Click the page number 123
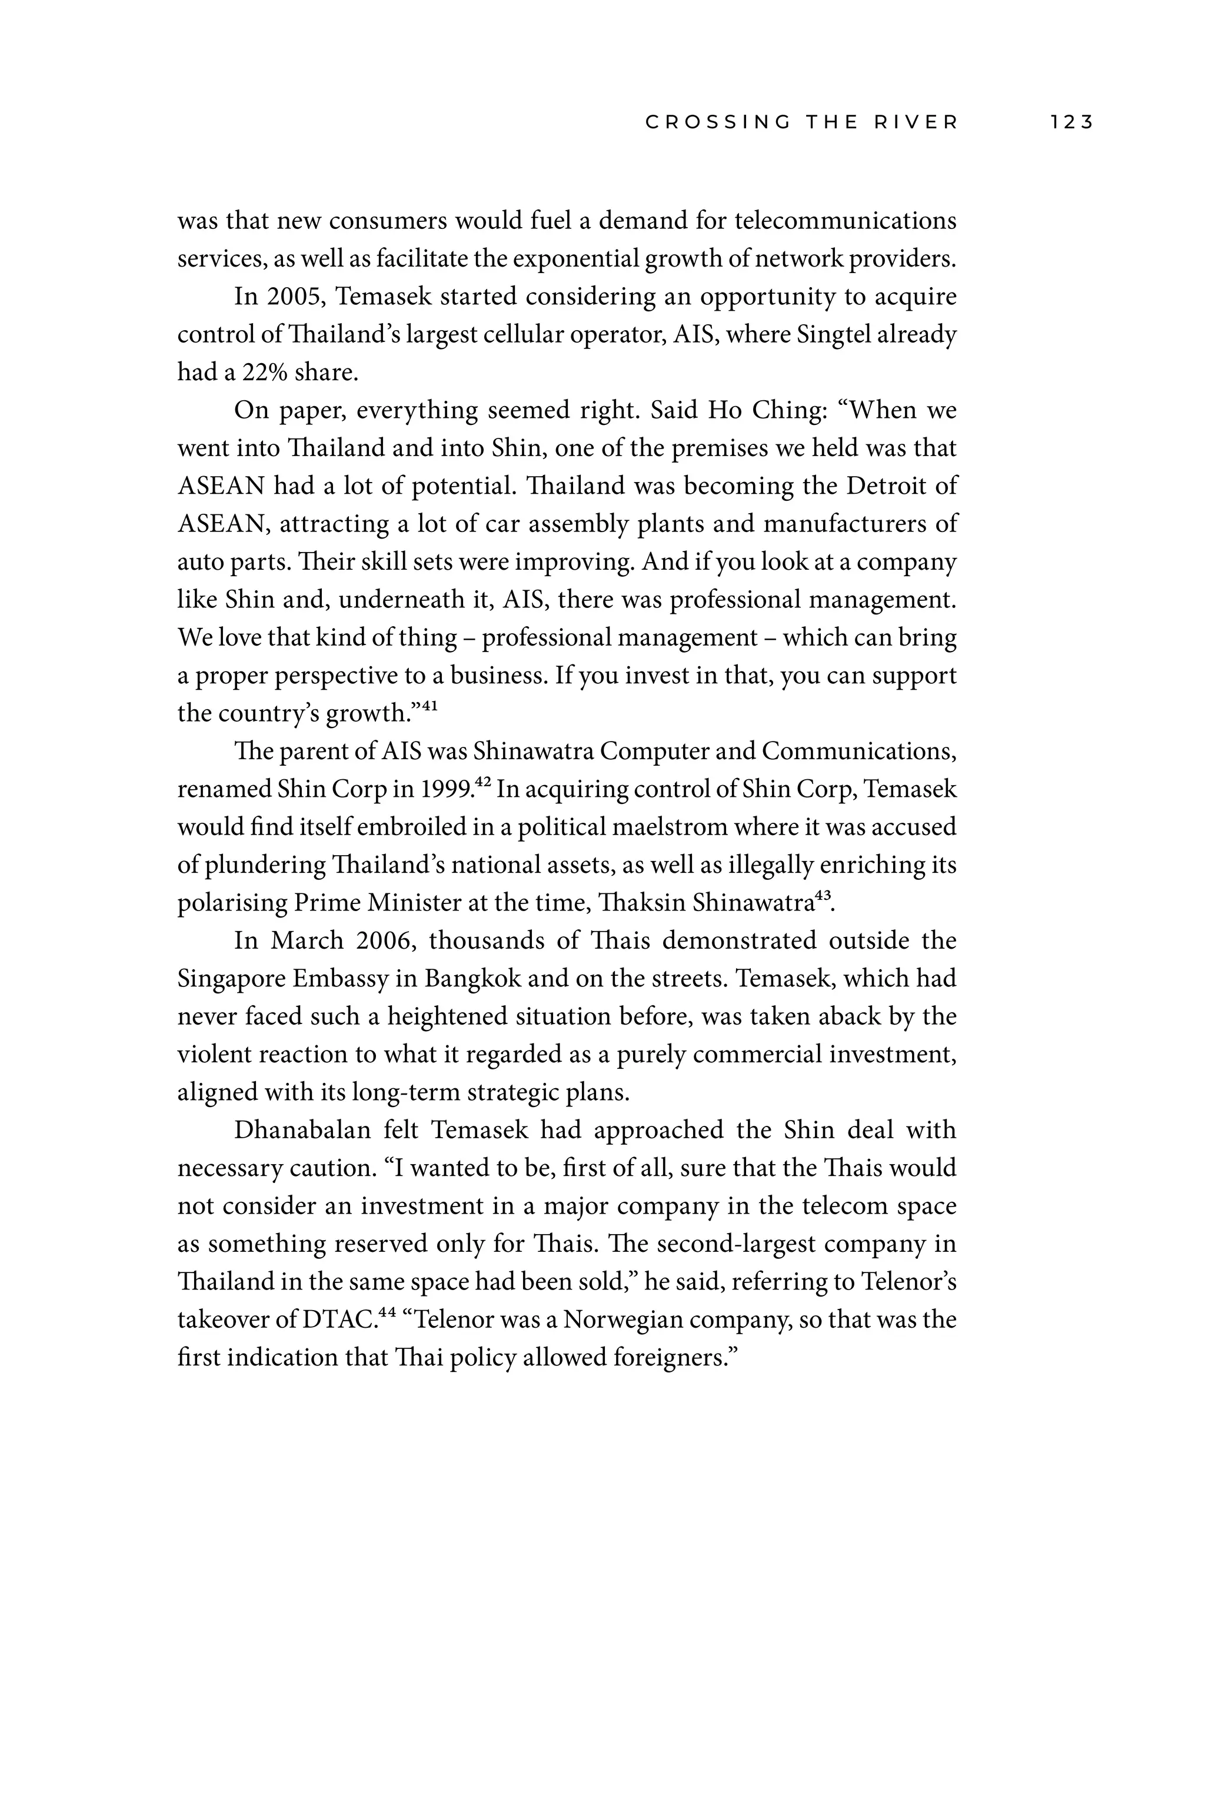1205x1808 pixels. click(1071, 122)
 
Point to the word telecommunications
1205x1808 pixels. click(846, 221)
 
